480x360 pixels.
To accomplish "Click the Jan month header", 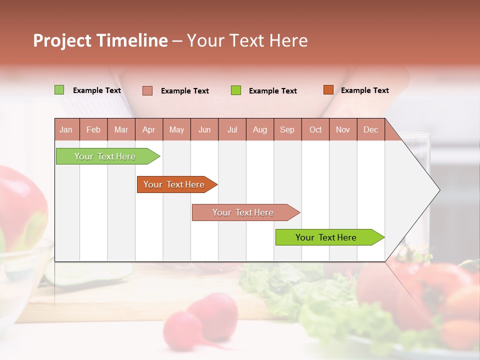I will click(x=66, y=129).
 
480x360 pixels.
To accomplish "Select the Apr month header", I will click(x=148, y=129).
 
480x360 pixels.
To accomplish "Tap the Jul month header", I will click(x=232, y=129).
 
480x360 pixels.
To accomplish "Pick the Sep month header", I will click(x=287, y=129).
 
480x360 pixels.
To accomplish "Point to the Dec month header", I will click(x=370, y=129).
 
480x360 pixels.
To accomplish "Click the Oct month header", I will click(x=315, y=129).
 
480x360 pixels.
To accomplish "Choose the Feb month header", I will click(x=93, y=129).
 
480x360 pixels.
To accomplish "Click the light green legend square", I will click(x=59, y=90).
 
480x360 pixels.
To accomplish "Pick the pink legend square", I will click(x=147, y=90).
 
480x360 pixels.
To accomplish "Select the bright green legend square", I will click(x=236, y=90).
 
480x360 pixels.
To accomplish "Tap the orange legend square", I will click(x=328, y=90).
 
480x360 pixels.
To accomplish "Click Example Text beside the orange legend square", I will click(x=364, y=90).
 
